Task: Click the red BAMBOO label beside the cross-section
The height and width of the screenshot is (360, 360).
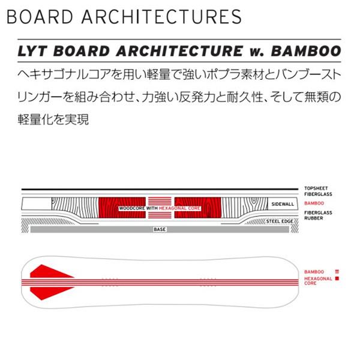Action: click(313, 205)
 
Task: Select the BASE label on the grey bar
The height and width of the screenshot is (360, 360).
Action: click(159, 229)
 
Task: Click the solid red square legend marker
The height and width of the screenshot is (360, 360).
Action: click(338, 279)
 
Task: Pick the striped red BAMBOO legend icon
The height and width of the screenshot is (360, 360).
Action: click(338, 272)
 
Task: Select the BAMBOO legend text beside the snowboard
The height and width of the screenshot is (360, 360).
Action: click(313, 272)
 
